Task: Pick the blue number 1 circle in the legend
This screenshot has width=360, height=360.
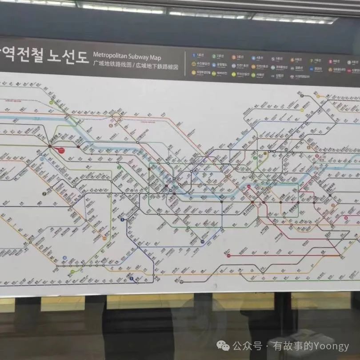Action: point(194,56)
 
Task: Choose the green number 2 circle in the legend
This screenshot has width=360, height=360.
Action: point(214,56)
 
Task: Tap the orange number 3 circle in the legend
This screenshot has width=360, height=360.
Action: point(233,57)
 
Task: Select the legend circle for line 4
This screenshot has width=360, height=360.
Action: point(253,58)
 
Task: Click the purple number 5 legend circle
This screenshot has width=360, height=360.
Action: point(272,59)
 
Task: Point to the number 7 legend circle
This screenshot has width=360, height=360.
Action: point(312,60)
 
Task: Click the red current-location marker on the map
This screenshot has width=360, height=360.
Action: point(61,151)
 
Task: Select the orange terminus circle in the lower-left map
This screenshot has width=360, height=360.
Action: point(104,238)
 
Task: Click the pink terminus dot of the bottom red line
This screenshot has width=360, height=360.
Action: point(228,256)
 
